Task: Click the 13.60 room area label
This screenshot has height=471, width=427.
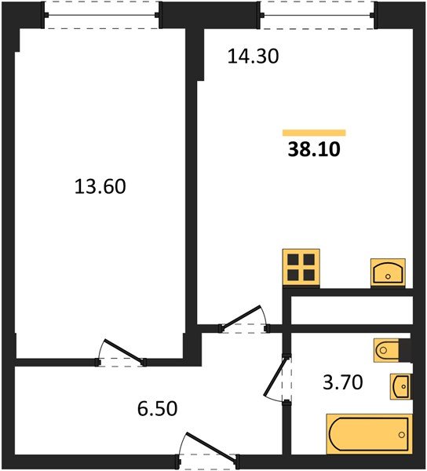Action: point(100,187)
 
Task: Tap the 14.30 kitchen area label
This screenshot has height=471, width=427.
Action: point(253,57)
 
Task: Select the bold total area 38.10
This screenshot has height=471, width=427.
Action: point(314,149)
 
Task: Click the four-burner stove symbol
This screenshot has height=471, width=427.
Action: point(301,268)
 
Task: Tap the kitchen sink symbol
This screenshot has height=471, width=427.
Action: point(388,272)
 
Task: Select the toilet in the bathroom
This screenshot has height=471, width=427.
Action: point(390,349)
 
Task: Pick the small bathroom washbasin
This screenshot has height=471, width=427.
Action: point(400,385)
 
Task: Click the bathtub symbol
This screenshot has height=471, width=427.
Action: point(368,433)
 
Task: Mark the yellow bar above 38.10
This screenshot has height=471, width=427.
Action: point(314,132)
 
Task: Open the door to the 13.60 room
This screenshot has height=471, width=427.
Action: point(122,353)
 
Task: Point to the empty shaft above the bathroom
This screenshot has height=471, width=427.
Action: point(352,311)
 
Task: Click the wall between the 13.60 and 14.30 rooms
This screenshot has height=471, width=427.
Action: point(191,181)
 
